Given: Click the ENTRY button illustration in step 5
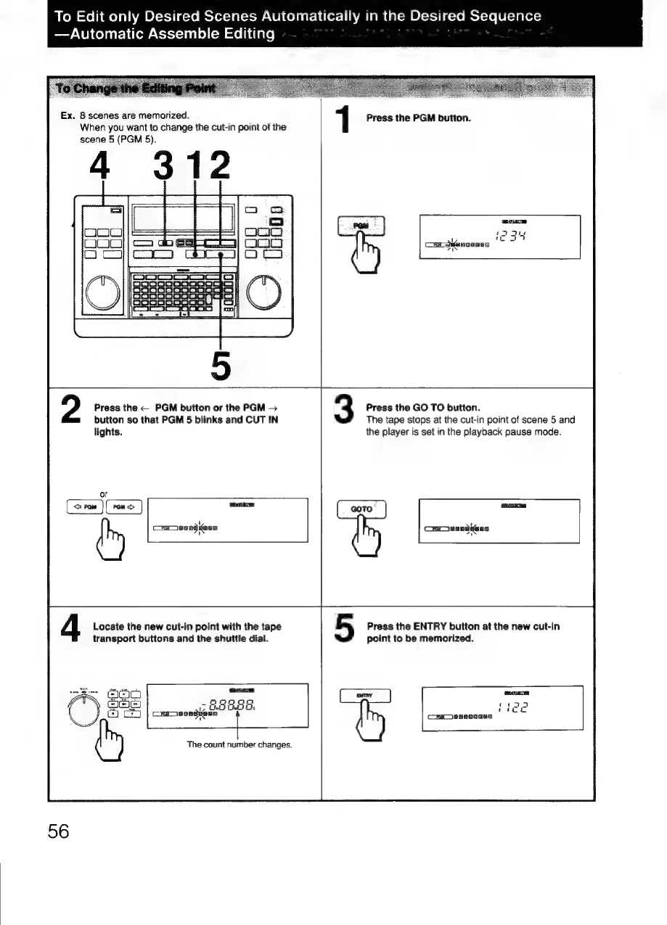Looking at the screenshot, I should (364, 696).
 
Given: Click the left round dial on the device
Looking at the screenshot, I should (102, 291).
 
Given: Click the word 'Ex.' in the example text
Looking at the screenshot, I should (68, 115).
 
